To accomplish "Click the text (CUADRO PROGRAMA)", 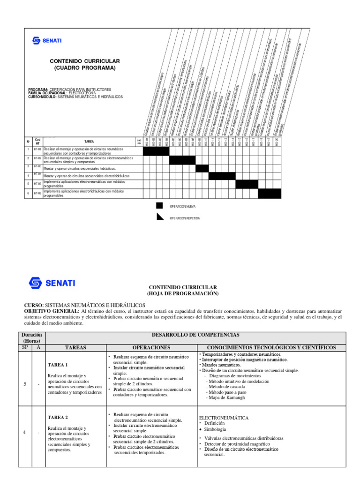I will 85,68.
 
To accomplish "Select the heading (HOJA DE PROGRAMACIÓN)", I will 182,293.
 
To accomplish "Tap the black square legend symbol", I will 159,206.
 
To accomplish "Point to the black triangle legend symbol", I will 159,216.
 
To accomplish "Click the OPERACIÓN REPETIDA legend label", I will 185,218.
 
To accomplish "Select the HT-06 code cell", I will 37,193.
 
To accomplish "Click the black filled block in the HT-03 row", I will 202,168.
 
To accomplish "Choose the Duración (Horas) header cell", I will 32,338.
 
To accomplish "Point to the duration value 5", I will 24,384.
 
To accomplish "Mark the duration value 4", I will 24,432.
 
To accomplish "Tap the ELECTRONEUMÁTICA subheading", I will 224,417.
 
